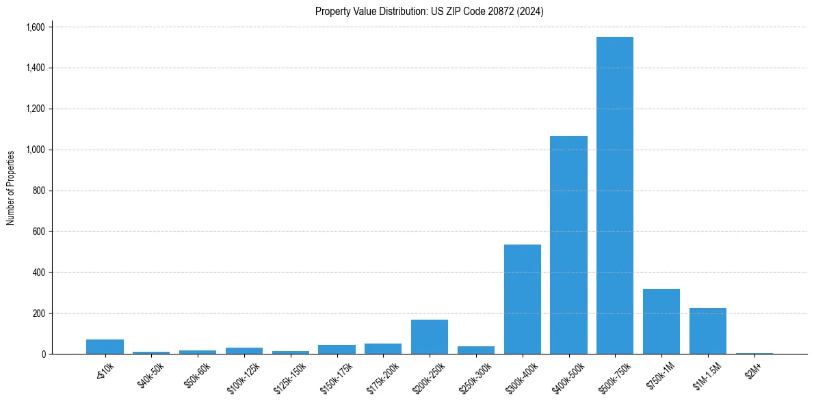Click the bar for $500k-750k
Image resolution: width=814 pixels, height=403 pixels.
click(615, 195)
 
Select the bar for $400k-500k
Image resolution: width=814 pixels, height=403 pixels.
click(568, 245)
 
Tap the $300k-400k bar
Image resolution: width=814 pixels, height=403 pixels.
click(522, 299)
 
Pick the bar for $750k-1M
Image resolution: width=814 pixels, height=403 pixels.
click(661, 321)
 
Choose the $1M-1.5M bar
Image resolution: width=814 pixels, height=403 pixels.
click(707, 331)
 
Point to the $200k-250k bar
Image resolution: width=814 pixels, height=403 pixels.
click(430, 337)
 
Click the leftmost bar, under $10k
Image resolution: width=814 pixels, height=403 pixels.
click(105, 346)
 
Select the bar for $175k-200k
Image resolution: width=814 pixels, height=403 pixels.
click(383, 348)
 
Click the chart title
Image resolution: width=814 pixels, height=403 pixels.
click(429, 11)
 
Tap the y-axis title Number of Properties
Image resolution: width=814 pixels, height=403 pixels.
click(11, 188)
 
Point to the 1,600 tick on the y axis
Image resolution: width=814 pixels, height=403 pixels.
click(35, 27)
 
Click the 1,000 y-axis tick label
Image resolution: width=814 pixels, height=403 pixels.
click(35, 150)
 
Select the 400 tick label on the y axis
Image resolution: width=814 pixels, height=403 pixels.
click(38, 272)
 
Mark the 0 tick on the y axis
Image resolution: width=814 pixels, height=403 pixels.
click(44, 354)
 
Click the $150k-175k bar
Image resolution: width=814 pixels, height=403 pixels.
click(337, 349)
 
